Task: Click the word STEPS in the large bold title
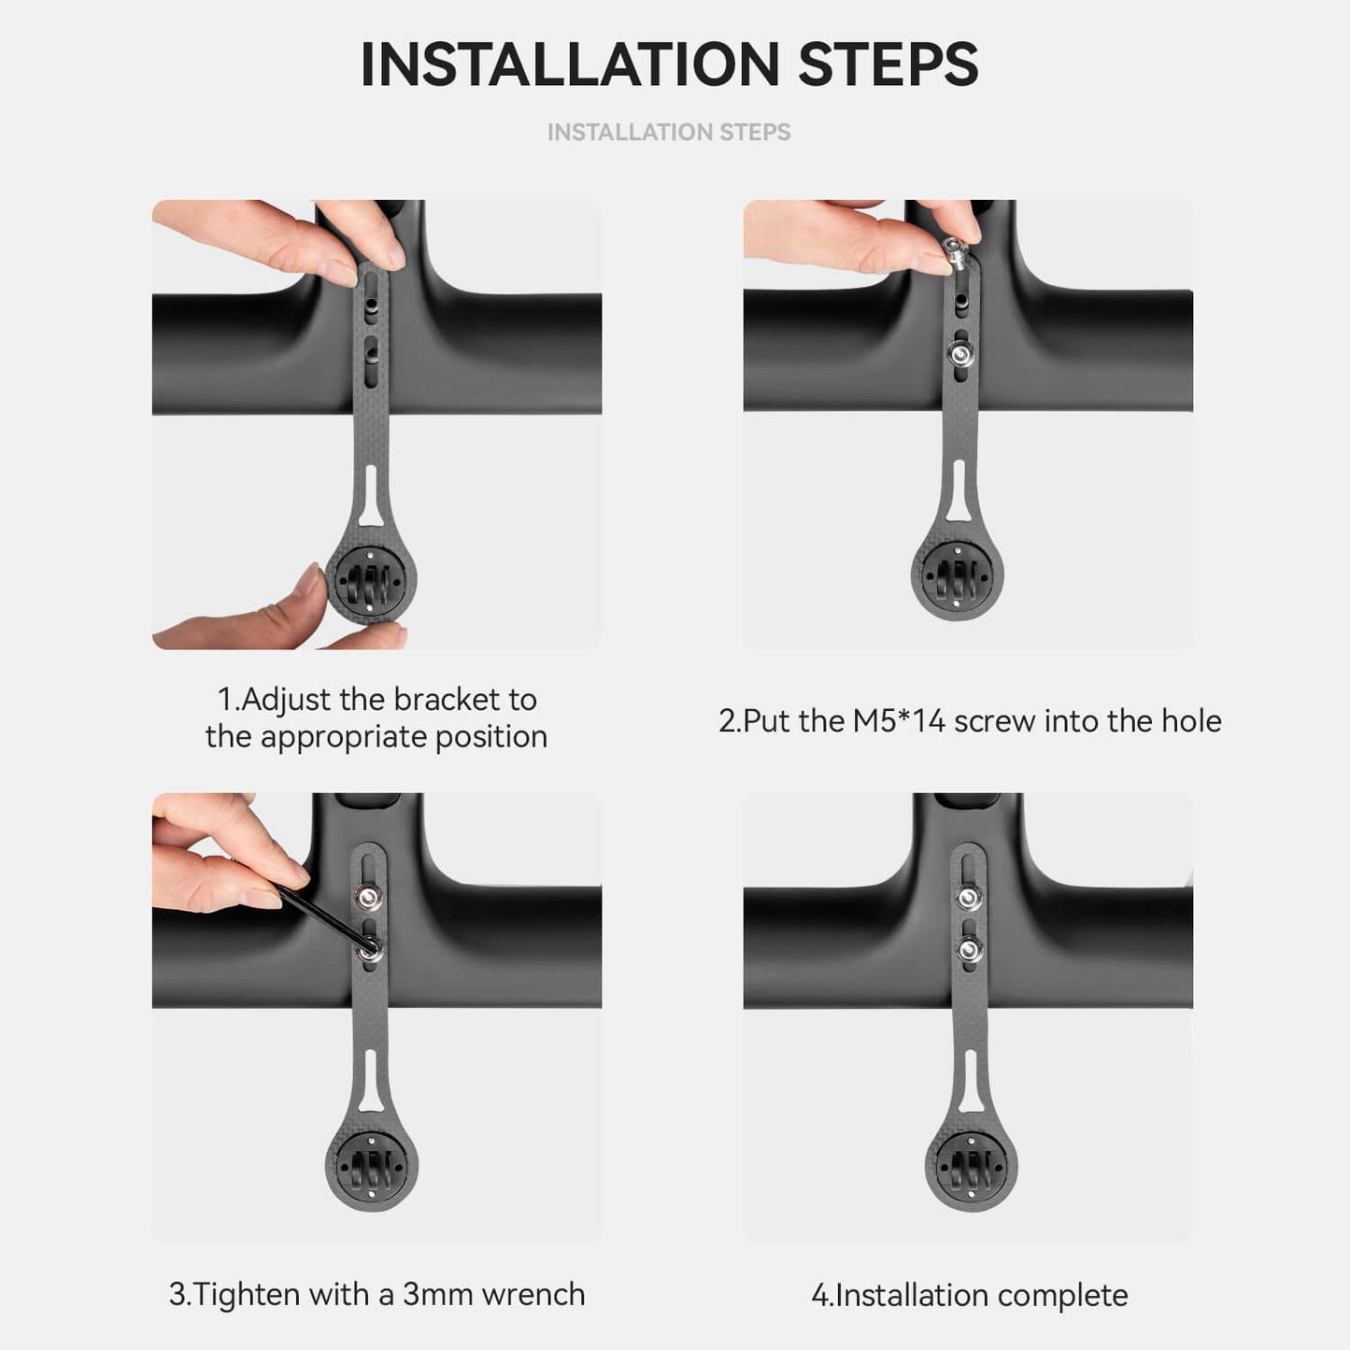tap(888, 64)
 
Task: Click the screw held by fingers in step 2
tap(954, 253)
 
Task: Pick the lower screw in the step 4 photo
tap(968, 950)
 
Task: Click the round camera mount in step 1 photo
tap(371, 579)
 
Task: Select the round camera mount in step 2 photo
tap(958, 576)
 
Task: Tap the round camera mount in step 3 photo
tap(372, 1165)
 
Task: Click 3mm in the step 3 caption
tap(438, 1294)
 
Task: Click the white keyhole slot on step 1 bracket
tap(371, 496)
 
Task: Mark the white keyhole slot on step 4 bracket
tap(971, 1082)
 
